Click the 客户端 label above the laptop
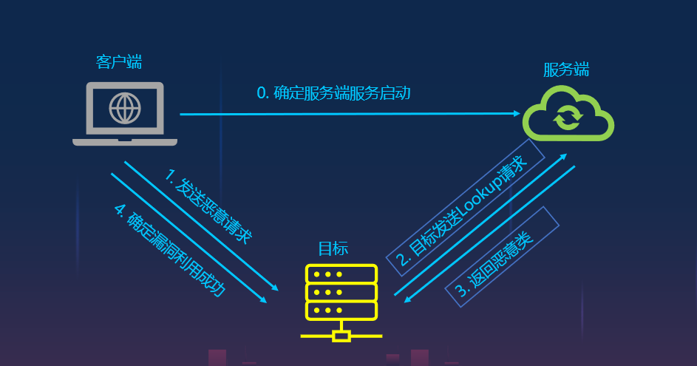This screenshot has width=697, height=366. pyautogui.click(x=119, y=61)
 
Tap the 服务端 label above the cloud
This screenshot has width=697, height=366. pyautogui.click(x=566, y=70)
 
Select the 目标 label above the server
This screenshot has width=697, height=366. pyautogui.click(x=333, y=248)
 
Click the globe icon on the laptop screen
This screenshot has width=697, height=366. pyautogui.click(x=125, y=109)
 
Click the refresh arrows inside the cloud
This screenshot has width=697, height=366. pyautogui.click(x=568, y=117)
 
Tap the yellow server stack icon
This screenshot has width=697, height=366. pyautogui.click(x=341, y=292)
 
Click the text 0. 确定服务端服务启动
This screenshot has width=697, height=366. pyautogui.click(x=333, y=93)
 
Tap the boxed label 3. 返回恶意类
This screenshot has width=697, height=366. pyautogui.click(x=502, y=256)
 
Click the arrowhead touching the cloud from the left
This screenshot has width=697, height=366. pyautogui.click(x=517, y=114)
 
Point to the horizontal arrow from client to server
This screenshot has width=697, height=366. pyautogui.click(x=347, y=114)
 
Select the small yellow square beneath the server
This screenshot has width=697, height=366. pyautogui.click(x=341, y=336)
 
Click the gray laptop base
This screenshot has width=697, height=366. pyautogui.click(x=125, y=141)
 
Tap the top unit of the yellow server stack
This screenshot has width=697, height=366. pyautogui.click(x=341, y=274)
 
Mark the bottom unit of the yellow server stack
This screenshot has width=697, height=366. pyautogui.click(x=341, y=310)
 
